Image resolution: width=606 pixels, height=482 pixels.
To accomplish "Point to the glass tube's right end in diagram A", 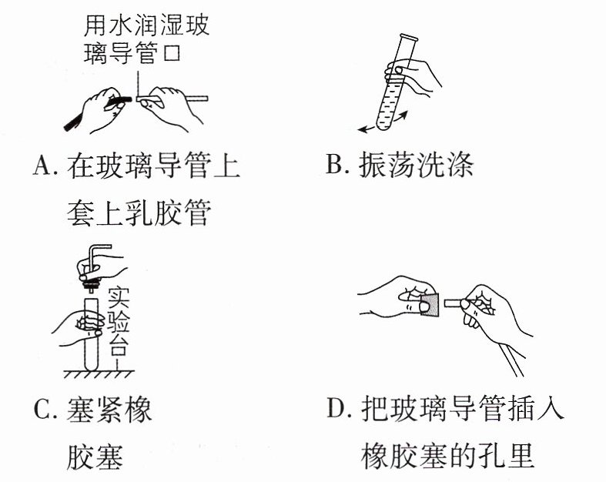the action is click(206, 99).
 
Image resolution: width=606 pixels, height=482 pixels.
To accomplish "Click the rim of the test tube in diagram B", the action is click(409, 38).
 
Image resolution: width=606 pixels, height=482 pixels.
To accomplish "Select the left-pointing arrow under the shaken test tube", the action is click(367, 129).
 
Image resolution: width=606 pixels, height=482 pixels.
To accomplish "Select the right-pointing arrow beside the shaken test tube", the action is click(400, 115).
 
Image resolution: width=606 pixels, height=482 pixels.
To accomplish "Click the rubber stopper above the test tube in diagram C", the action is click(92, 285).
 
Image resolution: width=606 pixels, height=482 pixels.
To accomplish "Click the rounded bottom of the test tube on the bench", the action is click(92, 364).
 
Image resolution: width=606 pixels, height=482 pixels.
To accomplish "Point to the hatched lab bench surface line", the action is click(99, 371).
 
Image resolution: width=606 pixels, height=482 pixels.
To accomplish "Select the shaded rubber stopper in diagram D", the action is click(430, 305).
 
